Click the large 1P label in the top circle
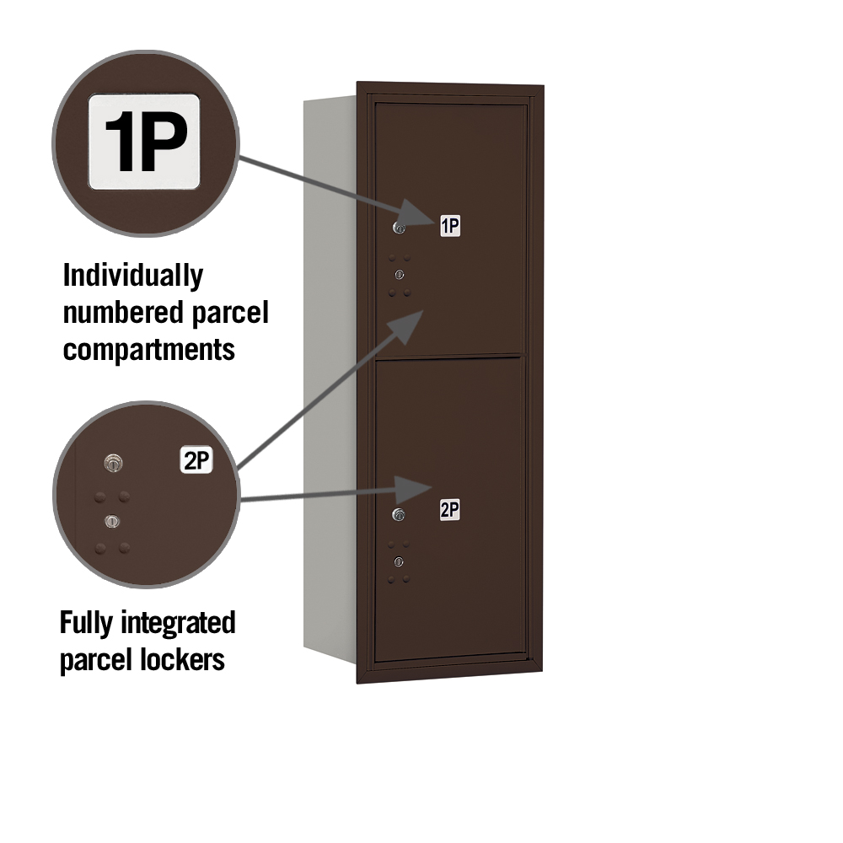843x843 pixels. click(144, 142)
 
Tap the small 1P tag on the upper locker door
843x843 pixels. click(450, 226)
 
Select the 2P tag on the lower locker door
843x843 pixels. click(449, 510)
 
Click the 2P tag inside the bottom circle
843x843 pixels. click(196, 460)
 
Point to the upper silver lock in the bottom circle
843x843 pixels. click(113, 463)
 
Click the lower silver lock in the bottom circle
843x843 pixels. click(112, 521)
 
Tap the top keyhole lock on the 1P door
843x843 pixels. click(399, 228)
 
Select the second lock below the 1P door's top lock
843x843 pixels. click(399, 275)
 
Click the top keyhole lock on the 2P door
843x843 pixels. click(399, 514)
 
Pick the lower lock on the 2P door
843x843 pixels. click(399, 561)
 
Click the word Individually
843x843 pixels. click(133, 277)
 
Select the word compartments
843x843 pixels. click(149, 351)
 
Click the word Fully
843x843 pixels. click(87, 624)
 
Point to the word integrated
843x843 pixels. click(178, 624)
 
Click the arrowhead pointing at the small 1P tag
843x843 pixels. click(416, 213)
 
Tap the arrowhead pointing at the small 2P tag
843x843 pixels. click(413, 489)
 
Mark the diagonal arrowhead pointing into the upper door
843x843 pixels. click(410, 325)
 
